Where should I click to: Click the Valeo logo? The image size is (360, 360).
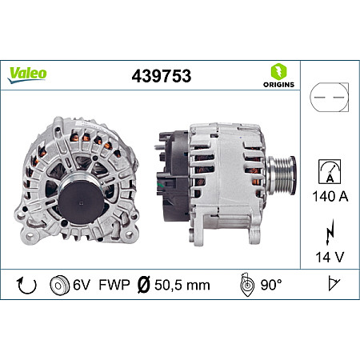tap(28, 73)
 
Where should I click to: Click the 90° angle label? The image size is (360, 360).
tap(272, 285)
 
